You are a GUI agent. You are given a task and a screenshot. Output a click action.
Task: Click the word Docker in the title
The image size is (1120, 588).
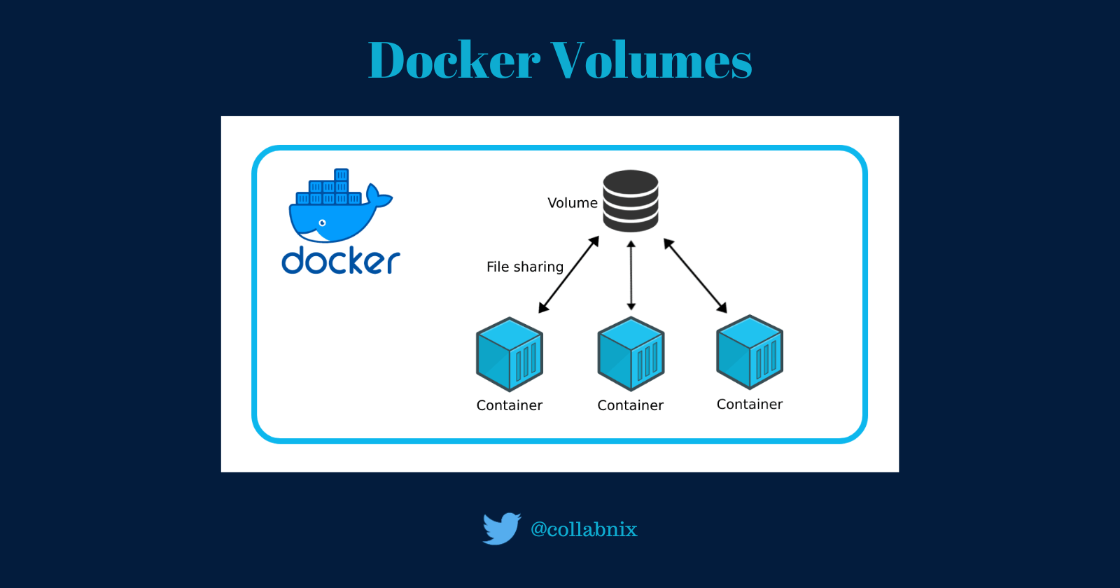pos(454,60)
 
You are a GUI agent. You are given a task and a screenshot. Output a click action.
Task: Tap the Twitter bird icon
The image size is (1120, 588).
pos(501,528)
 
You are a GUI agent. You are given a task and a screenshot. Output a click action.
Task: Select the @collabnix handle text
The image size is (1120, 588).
pos(584,529)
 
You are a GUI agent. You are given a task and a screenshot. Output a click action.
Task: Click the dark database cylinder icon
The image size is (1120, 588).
pos(631,201)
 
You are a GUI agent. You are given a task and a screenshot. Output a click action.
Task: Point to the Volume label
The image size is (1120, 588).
pos(572,203)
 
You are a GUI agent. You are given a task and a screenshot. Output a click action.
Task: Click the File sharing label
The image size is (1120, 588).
pos(524,267)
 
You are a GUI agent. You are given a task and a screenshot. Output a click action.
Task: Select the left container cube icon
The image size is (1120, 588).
pos(510,354)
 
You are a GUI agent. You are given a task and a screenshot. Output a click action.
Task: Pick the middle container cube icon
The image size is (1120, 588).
pos(631,354)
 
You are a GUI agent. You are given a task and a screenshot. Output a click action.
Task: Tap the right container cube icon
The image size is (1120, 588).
pos(750,352)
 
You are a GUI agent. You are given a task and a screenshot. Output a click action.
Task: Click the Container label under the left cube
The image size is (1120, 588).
pos(509,405)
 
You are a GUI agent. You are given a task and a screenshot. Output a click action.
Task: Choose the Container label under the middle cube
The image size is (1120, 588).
pos(630,405)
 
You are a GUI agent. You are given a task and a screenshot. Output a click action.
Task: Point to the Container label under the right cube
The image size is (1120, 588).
pos(749,404)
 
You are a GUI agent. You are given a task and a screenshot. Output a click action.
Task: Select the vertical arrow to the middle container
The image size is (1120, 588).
pos(631,275)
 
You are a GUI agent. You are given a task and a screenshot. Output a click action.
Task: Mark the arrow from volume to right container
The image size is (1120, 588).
pos(695,275)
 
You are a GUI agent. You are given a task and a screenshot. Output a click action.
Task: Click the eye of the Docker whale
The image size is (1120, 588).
pos(322,223)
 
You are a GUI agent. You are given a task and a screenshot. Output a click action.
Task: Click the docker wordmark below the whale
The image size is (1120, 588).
pos(340,260)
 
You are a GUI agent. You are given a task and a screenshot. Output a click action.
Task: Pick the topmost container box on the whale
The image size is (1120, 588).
pos(341,174)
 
